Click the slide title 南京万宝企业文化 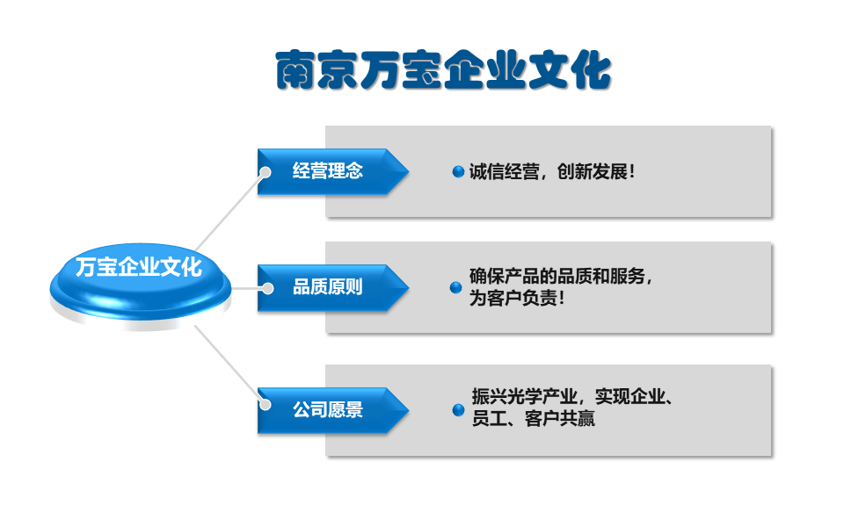coord(443,70)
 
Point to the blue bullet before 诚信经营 coord(458,171)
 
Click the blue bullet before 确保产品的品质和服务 coord(456,288)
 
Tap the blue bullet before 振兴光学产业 coord(459,410)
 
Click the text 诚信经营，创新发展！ coord(552,172)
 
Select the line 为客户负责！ coord(517,298)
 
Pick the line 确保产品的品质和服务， coord(560,277)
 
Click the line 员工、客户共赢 coord(534,418)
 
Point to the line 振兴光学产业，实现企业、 coord(571,397)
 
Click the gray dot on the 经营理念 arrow coord(265,172)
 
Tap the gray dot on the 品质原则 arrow coord(267,289)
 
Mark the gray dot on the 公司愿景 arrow coord(265,404)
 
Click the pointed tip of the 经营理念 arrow coord(409,171)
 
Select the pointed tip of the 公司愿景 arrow coord(409,410)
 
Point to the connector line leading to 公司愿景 coord(229,365)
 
